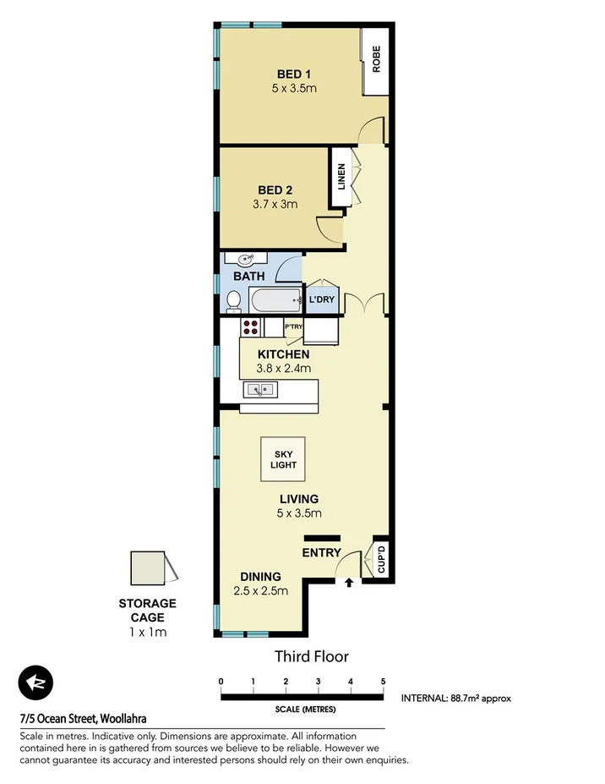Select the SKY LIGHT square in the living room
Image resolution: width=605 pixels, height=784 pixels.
(x=283, y=459)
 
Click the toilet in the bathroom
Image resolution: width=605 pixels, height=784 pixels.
(x=232, y=299)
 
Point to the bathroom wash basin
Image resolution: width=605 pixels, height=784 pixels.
(x=245, y=260)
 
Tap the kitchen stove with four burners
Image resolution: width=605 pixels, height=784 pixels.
(x=252, y=326)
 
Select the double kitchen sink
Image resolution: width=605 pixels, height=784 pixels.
(x=260, y=390)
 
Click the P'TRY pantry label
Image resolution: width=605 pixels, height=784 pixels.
(x=293, y=327)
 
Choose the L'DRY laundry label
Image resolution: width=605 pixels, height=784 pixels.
(x=321, y=300)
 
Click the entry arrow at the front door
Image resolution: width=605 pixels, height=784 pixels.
(x=349, y=582)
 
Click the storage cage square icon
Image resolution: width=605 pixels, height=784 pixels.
(x=148, y=567)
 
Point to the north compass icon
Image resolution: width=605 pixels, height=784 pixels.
(x=35, y=683)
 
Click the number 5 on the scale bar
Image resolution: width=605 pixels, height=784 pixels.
(x=383, y=682)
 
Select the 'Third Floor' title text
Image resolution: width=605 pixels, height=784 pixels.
(x=311, y=656)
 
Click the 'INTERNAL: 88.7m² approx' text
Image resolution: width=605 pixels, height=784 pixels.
(x=456, y=699)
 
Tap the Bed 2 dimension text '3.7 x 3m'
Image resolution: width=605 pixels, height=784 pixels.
(x=274, y=205)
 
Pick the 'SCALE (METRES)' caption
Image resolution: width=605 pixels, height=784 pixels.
(x=302, y=710)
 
